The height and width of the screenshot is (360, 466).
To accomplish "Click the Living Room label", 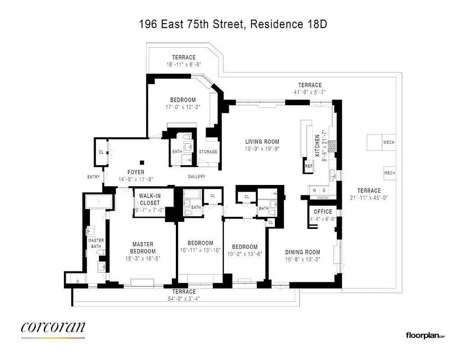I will (262, 142).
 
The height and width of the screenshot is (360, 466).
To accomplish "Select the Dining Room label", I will (302, 252).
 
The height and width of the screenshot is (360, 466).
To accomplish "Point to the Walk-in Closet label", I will (150, 199).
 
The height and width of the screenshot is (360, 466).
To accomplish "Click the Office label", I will (323, 211).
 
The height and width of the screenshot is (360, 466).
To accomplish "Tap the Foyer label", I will (135, 172).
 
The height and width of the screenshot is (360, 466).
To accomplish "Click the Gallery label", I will (196, 176).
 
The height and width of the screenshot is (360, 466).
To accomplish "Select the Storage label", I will (208, 152).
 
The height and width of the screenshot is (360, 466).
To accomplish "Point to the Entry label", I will (94, 177).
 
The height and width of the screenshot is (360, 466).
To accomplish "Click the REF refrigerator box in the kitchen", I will (309, 166).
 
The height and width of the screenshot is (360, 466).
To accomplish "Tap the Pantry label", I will (323, 198).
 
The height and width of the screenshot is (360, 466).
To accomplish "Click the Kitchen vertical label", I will (317, 145).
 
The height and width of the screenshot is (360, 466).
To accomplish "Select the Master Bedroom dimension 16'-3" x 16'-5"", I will (143, 259).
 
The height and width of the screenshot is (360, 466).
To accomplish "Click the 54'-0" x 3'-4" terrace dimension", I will (184, 298).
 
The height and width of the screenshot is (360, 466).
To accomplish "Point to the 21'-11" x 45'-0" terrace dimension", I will (369, 198).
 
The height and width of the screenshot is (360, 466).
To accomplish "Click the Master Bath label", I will (96, 243).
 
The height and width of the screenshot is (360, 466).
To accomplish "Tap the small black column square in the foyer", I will (142, 162).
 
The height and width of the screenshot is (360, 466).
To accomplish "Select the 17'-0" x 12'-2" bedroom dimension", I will (183, 107).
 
